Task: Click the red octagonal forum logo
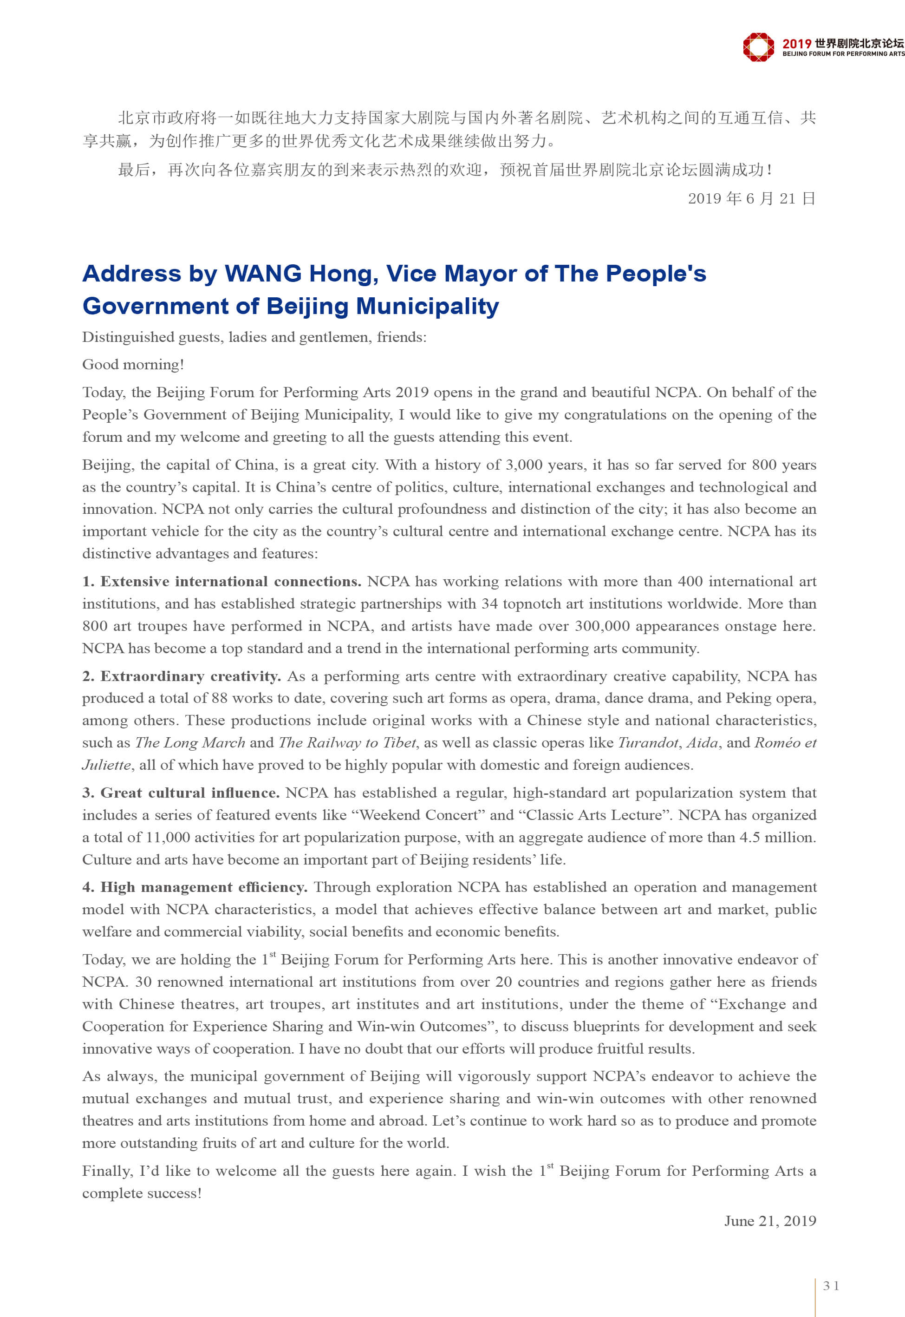click(758, 46)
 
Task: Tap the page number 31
click(831, 1285)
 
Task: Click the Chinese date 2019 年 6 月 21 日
click(751, 198)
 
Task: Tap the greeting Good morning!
click(133, 365)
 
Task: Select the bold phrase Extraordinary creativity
click(190, 676)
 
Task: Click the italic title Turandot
click(648, 742)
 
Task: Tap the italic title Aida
click(703, 742)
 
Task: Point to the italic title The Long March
click(190, 742)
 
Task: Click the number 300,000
click(602, 626)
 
